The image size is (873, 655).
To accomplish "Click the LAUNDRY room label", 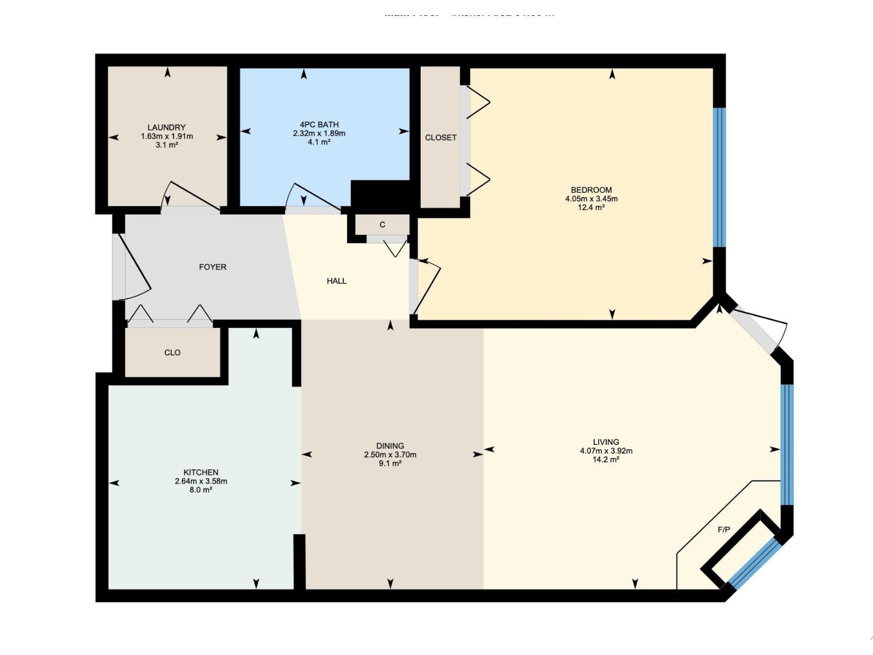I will coord(166,127).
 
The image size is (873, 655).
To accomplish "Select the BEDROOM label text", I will coord(591,190).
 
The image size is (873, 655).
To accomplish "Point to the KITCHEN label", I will coord(201,472).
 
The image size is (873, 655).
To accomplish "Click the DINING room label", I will coord(390,445).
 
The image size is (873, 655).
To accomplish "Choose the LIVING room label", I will coord(606,442).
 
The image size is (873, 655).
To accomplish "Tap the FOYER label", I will coord(212,267).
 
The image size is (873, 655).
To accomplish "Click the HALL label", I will coord(337,281).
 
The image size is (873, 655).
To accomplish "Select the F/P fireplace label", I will coord(723,529).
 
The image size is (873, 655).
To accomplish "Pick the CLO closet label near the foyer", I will coord(172,353).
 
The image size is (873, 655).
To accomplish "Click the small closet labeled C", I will coord(382,224).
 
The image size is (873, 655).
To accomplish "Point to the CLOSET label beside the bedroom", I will coord(441,138).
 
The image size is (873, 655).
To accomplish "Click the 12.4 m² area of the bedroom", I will coord(591,207).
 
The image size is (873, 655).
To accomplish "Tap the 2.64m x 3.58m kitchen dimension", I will coord(201,481).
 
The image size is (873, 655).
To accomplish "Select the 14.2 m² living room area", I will coord(606,460).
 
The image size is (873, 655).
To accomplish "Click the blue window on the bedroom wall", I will coord(720,177).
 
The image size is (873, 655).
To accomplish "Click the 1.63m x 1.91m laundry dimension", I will coord(166,136).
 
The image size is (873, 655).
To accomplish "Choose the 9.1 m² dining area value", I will coord(390,463).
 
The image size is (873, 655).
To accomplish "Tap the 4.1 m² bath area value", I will coord(319,142).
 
